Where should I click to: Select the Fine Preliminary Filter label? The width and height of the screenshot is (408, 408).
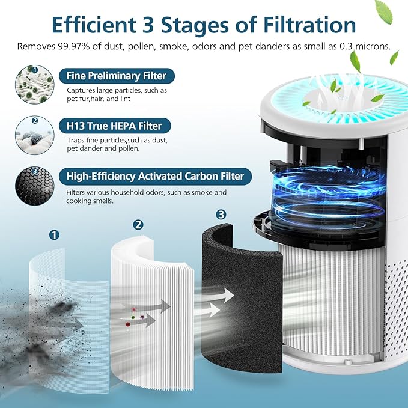click(112, 76)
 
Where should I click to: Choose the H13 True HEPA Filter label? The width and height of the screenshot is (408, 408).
click(115, 126)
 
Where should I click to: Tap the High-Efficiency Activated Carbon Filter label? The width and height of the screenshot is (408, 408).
click(155, 176)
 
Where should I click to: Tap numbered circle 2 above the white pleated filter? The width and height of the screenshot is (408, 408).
click(138, 225)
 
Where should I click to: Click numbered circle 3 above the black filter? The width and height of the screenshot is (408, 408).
click(221, 215)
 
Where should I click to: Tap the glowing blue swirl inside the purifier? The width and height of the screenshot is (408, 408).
click(327, 192)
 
